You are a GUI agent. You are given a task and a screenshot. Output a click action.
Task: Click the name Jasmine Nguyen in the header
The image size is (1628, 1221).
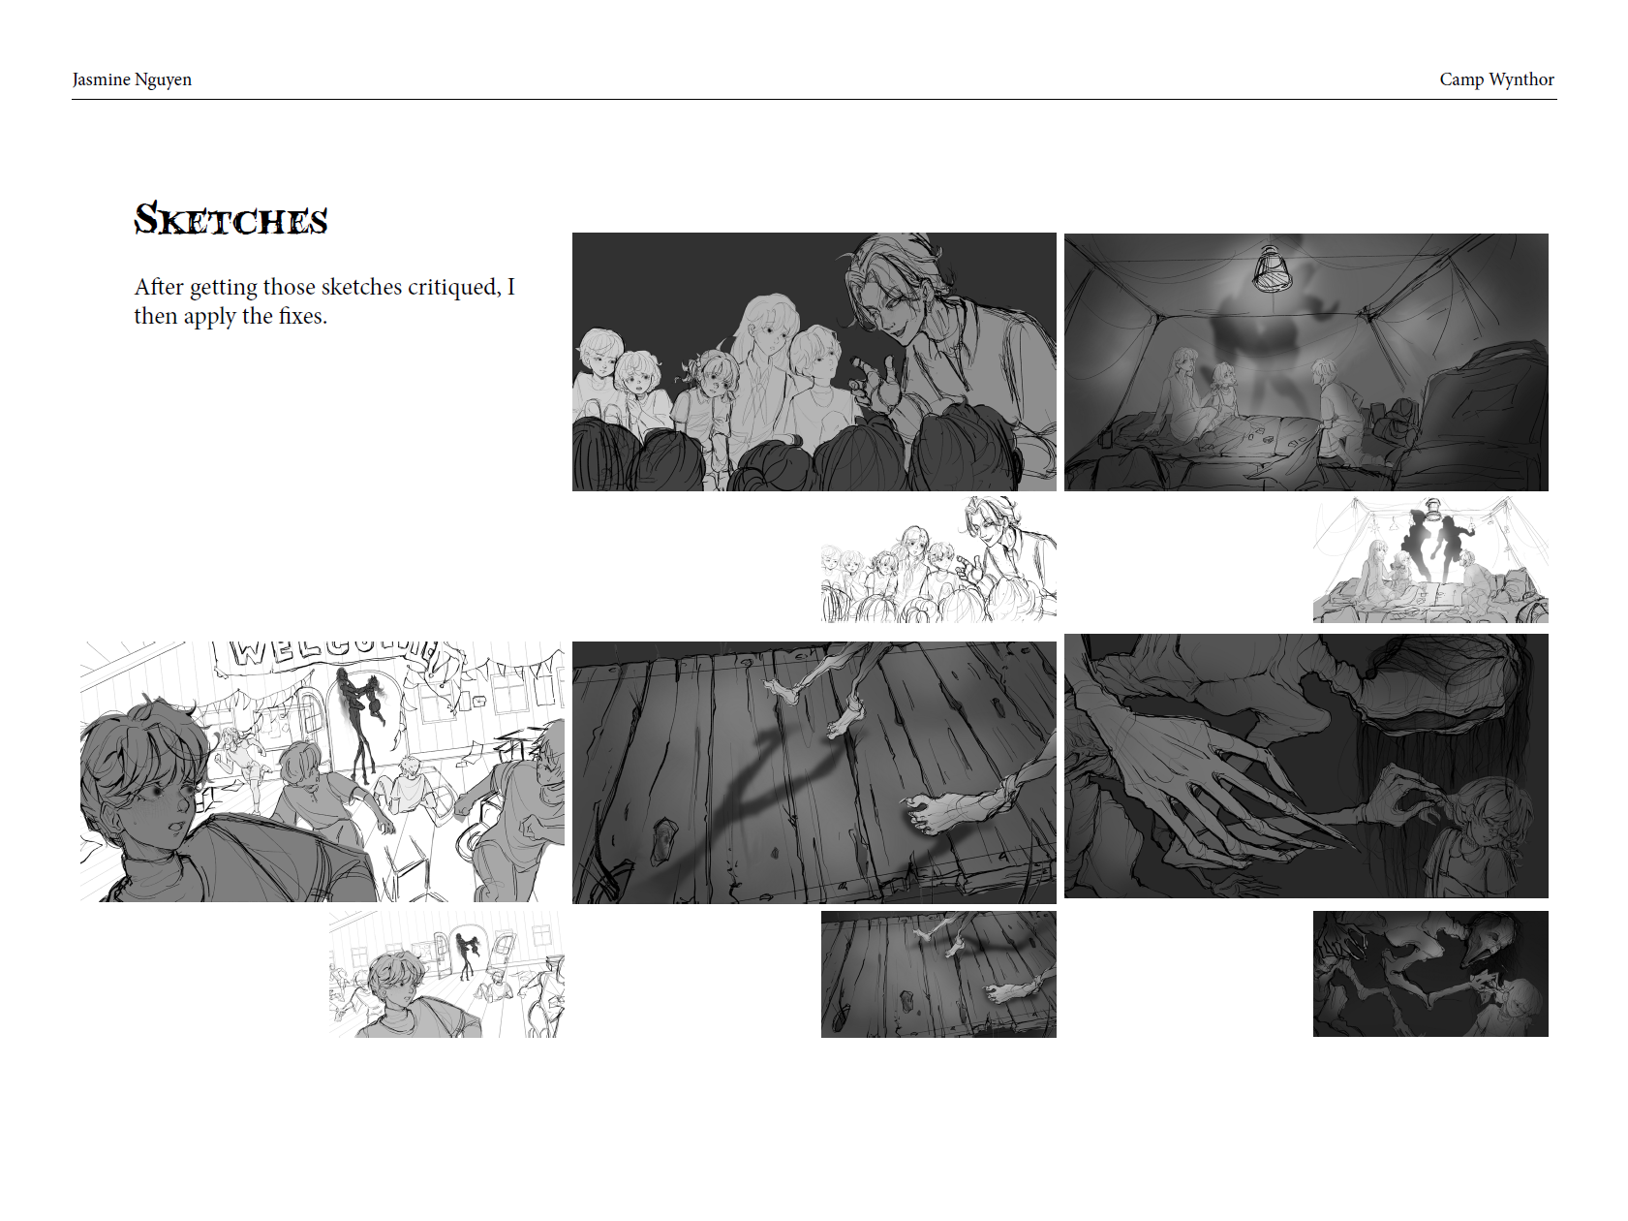click(x=132, y=79)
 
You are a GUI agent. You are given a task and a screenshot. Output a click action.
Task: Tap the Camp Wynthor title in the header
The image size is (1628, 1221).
click(x=1496, y=79)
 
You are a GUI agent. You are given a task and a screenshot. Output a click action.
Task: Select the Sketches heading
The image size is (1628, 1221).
click(x=230, y=220)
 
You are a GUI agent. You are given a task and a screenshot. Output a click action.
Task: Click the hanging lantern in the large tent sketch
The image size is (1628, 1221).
click(x=1271, y=268)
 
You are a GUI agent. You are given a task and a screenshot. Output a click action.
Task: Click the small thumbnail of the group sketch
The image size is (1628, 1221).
click(x=938, y=559)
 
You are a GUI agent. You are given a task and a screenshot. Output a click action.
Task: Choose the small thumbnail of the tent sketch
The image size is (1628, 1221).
click(x=1430, y=559)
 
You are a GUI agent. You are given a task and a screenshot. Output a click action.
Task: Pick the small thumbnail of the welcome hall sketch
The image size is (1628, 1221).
click(x=446, y=974)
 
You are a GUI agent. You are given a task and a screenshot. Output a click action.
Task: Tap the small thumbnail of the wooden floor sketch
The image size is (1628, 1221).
click(x=938, y=974)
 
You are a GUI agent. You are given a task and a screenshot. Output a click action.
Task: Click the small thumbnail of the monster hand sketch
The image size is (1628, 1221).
click(x=1430, y=974)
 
